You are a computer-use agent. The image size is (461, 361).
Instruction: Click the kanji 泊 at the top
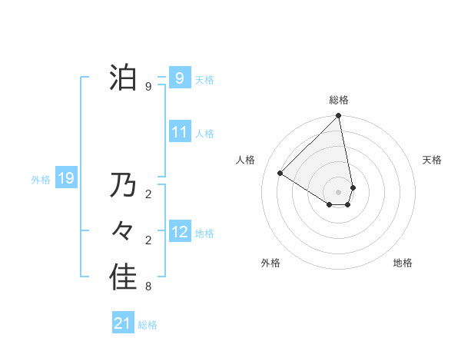(123, 78)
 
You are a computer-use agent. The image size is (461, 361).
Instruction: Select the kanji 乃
(123, 185)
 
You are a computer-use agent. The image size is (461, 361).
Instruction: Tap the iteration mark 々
(123, 231)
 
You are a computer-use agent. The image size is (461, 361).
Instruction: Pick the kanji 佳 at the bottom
(123, 277)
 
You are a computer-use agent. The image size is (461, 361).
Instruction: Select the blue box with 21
(123, 323)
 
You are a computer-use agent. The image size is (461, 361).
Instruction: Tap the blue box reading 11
(180, 132)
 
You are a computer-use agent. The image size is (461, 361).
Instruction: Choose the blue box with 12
(180, 232)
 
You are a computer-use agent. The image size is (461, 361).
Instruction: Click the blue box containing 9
(180, 78)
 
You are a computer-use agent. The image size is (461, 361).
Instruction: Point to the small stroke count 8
(148, 287)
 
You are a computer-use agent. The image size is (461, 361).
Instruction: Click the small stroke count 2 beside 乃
(148, 194)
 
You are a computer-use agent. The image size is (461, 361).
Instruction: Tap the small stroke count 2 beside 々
(148, 240)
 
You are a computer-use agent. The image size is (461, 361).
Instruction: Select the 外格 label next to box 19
(41, 180)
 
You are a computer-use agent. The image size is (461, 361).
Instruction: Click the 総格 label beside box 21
(148, 325)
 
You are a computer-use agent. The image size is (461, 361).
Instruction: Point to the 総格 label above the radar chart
(339, 100)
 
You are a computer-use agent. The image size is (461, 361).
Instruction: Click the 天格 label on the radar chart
(432, 160)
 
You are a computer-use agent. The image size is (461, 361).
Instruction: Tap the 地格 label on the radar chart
(403, 263)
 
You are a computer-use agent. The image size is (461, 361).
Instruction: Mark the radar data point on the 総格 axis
(339, 116)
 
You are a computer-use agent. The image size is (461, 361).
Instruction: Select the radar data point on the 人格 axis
(280, 173)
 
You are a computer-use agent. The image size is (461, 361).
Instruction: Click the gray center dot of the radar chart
(339, 191)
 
